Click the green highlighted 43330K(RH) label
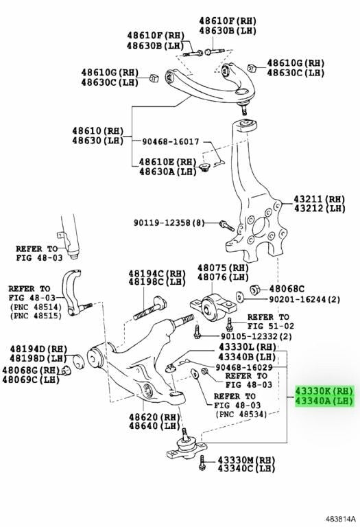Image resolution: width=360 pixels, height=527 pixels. pos(324,391)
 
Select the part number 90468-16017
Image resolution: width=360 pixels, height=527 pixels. pos(170,142)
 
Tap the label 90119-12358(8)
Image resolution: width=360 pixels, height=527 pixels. pos(169,222)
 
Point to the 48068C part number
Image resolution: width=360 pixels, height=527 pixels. pos(287,289)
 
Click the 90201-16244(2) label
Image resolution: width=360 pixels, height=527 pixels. pos(304,298)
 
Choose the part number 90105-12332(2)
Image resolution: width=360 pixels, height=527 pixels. pos(256,336)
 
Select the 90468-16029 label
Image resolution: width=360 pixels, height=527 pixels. pos(244,368)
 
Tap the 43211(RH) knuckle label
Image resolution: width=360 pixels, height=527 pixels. pos(320,199)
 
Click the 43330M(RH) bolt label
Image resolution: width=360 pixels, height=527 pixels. pos(246,460)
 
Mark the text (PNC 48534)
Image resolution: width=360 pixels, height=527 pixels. pos(241,414)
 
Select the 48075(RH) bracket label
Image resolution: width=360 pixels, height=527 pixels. pos(223,268)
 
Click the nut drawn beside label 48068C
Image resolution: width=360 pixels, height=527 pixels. pos(255,289)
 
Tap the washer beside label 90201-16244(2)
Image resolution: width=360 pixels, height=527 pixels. pos(239,297)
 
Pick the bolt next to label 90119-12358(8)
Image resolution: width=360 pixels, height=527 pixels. pos(227,225)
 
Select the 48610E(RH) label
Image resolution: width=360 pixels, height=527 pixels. pos(168,162)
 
